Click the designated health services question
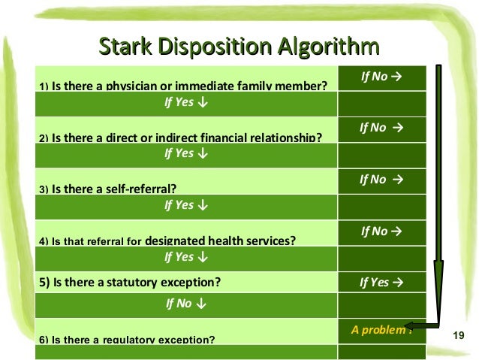click(x=167, y=241)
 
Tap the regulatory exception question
click(x=127, y=339)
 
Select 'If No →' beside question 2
click(x=381, y=128)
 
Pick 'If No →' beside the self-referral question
click(x=381, y=180)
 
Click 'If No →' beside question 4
click(x=381, y=231)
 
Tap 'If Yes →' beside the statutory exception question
click(x=381, y=283)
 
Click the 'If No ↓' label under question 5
click(x=186, y=305)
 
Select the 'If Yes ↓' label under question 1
click(x=186, y=102)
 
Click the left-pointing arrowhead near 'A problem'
click(x=415, y=325)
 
